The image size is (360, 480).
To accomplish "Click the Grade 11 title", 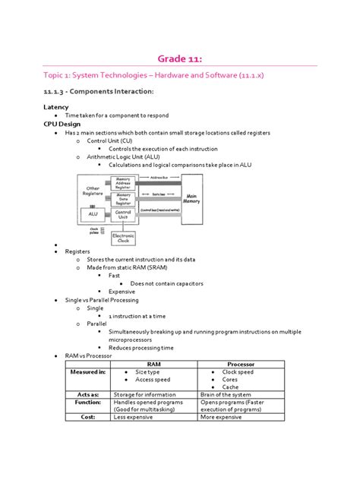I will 180,59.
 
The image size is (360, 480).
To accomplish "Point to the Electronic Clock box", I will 124,238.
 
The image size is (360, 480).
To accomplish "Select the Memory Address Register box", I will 122,185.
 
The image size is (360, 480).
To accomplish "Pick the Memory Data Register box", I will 122,200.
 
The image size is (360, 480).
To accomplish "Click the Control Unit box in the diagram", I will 123,215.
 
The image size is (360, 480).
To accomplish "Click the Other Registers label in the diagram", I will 93,191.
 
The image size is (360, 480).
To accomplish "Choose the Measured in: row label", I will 85,372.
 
